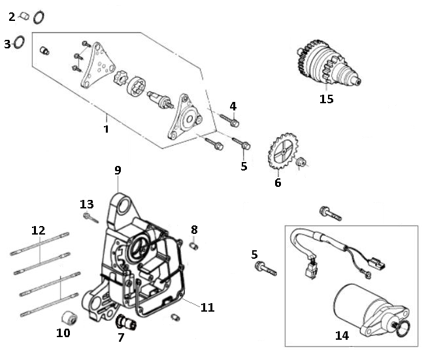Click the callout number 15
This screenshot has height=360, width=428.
click(x=326, y=99)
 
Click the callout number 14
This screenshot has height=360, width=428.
click(x=342, y=335)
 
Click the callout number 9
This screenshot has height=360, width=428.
click(x=118, y=171)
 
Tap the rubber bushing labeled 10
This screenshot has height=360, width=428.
click(x=70, y=318)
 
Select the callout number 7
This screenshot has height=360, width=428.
click(x=121, y=338)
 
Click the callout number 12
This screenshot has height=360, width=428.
click(x=39, y=230)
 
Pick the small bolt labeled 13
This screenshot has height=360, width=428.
click(x=89, y=217)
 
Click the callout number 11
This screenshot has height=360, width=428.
click(x=207, y=306)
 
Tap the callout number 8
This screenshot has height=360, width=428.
click(x=194, y=229)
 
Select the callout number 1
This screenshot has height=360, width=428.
click(x=106, y=129)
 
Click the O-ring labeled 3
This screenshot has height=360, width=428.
click(x=20, y=43)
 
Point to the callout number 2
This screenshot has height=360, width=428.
click(x=11, y=16)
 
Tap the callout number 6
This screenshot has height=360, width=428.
click(x=278, y=183)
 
